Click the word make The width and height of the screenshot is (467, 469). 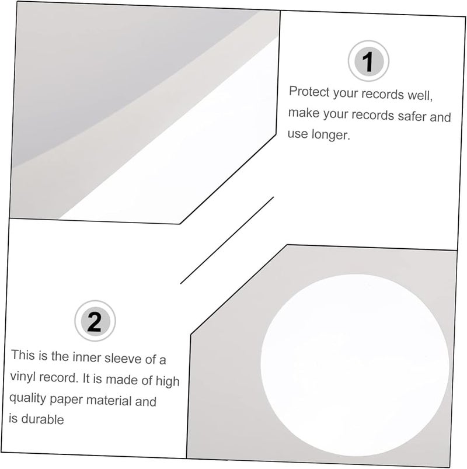[x=302, y=113]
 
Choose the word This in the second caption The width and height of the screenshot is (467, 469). [x=23, y=355]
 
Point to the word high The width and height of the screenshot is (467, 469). [x=166, y=381]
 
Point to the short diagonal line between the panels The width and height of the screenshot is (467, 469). [x=227, y=240]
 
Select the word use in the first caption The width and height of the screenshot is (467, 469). [x=297, y=134]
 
